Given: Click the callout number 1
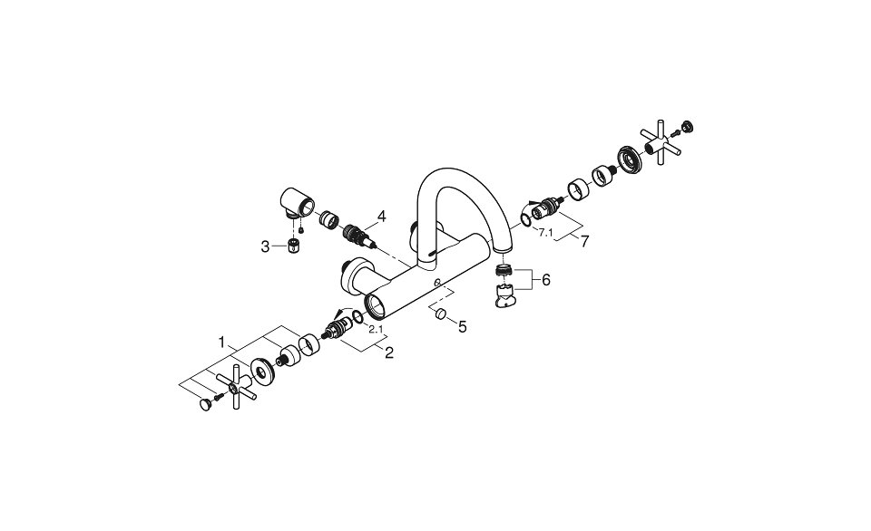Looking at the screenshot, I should coord(220,343).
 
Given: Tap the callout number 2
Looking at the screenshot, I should coord(388,352).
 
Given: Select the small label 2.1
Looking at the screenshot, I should coord(376,329).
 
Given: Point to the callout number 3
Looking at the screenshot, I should coord(266,246).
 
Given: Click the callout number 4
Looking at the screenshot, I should coord(382,217).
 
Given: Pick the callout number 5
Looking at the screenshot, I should coord(462,326).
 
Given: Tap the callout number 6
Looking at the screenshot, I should coord(546,280).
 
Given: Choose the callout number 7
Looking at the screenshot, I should coord(585,242).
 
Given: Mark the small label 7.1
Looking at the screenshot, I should coord(545,233).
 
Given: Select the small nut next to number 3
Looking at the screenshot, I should coord(293,246).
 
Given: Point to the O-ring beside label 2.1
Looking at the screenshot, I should coord(359,316).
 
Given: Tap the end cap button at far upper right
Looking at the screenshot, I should coord(687,126).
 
